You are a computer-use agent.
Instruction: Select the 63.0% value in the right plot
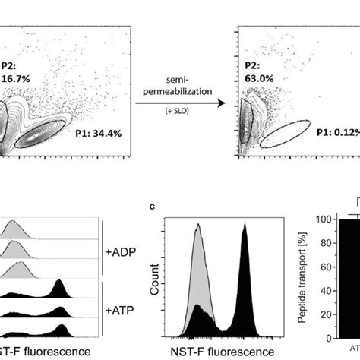tap(257, 77)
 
